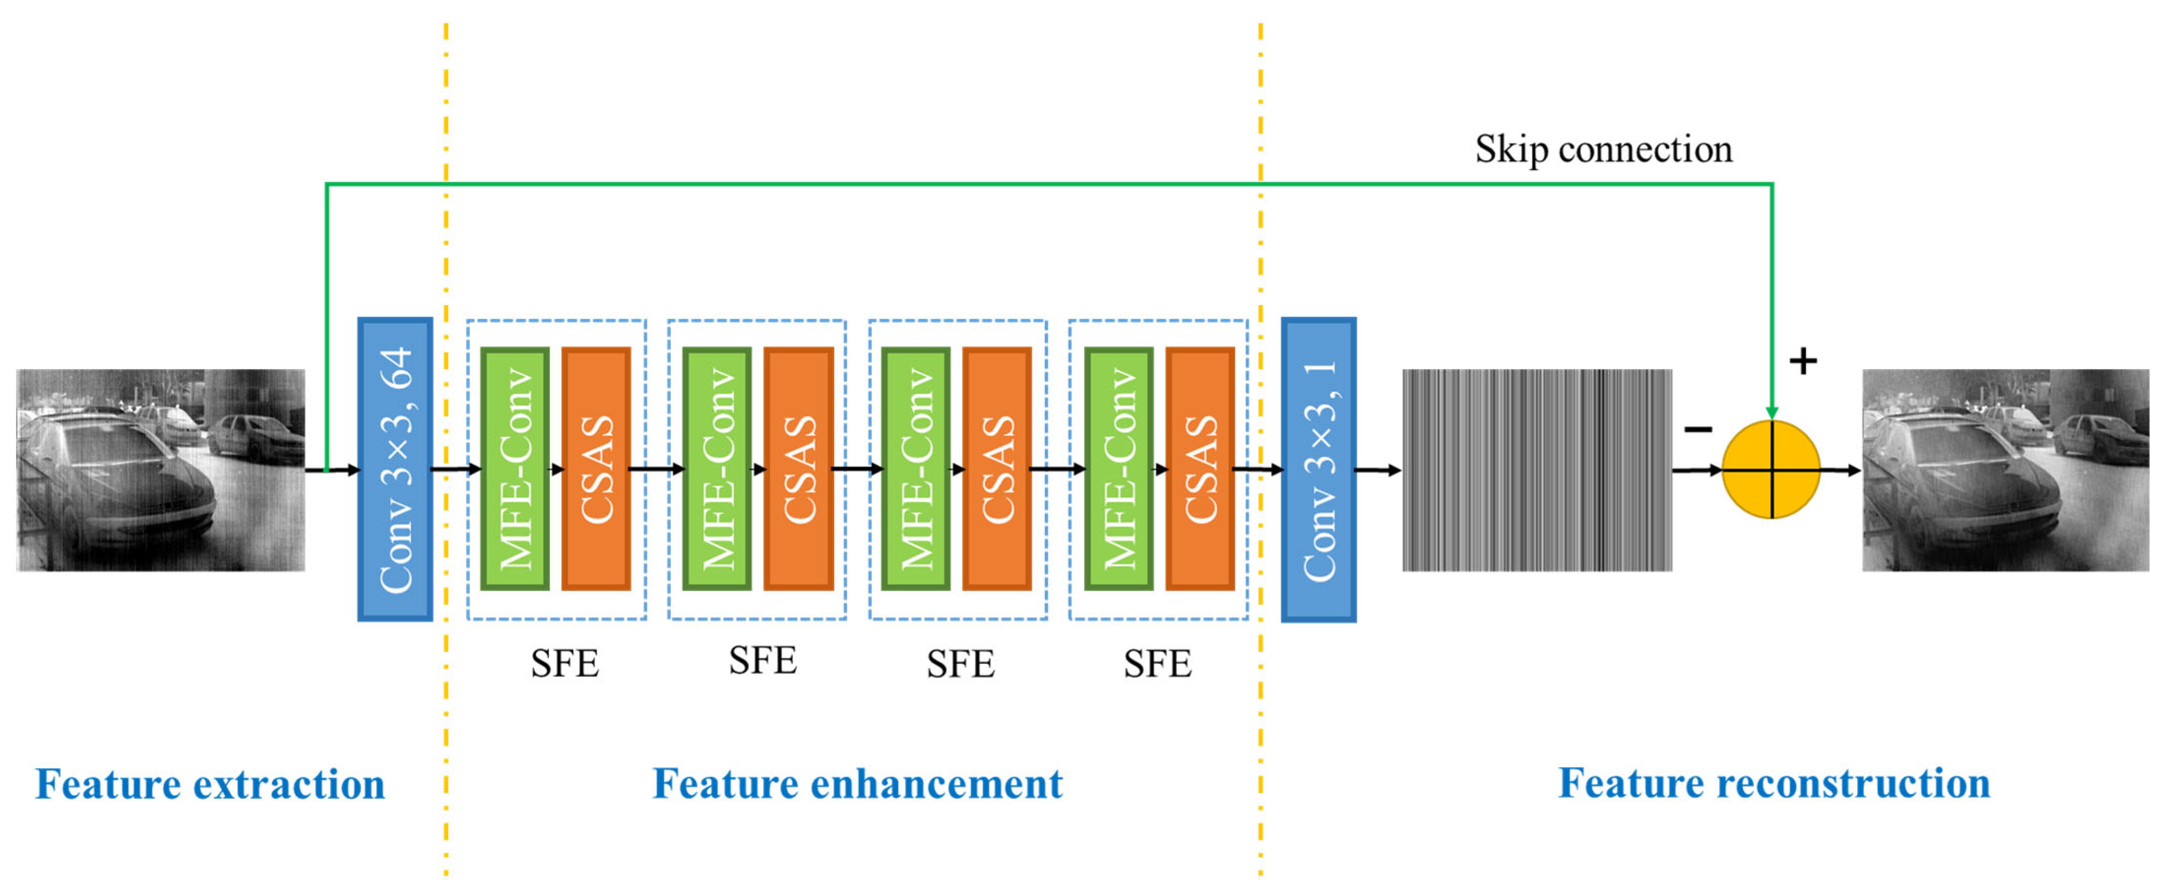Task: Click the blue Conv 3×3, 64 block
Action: click(x=395, y=469)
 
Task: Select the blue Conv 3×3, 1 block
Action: click(x=1318, y=469)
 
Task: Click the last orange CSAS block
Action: click(x=1200, y=469)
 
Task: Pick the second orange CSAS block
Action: click(x=798, y=469)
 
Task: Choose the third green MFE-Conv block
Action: click(x=916, y=469)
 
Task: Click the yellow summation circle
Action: click(x=1771, y=469)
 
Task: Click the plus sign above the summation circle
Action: click(x=1803, y=361)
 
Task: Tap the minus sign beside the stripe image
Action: click(x=1698, y=430)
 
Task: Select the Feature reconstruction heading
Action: click(x=1774, y=784)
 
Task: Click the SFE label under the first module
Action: click(x=564, y=664)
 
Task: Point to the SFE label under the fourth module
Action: click(x=1157, y=664)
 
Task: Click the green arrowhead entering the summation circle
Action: click(x=1772, y=412)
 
